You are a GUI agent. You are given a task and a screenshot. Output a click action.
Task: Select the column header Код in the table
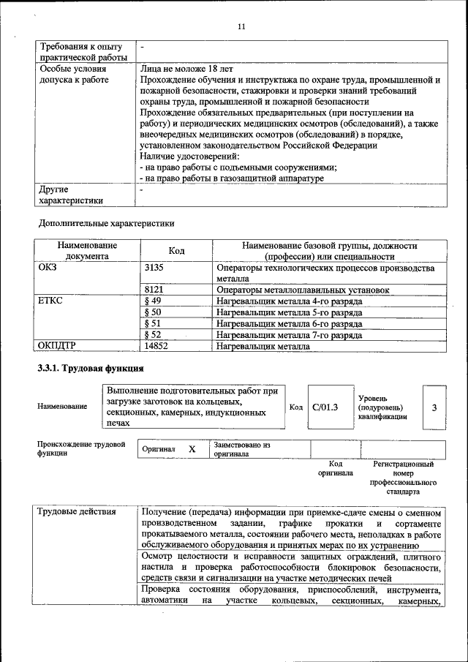click(176, 251)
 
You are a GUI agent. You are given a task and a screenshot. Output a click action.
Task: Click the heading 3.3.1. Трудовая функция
click(90, 368)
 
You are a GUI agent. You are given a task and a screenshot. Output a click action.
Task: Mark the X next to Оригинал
click(192, 449)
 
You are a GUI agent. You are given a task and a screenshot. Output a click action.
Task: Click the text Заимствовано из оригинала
click(242, 448)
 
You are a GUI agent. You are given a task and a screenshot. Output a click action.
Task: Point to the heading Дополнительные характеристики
click(106, 222)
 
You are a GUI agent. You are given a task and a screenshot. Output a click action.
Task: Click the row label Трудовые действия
click(77, 511)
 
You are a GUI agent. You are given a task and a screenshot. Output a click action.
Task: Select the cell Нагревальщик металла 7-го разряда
click(289, 335)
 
